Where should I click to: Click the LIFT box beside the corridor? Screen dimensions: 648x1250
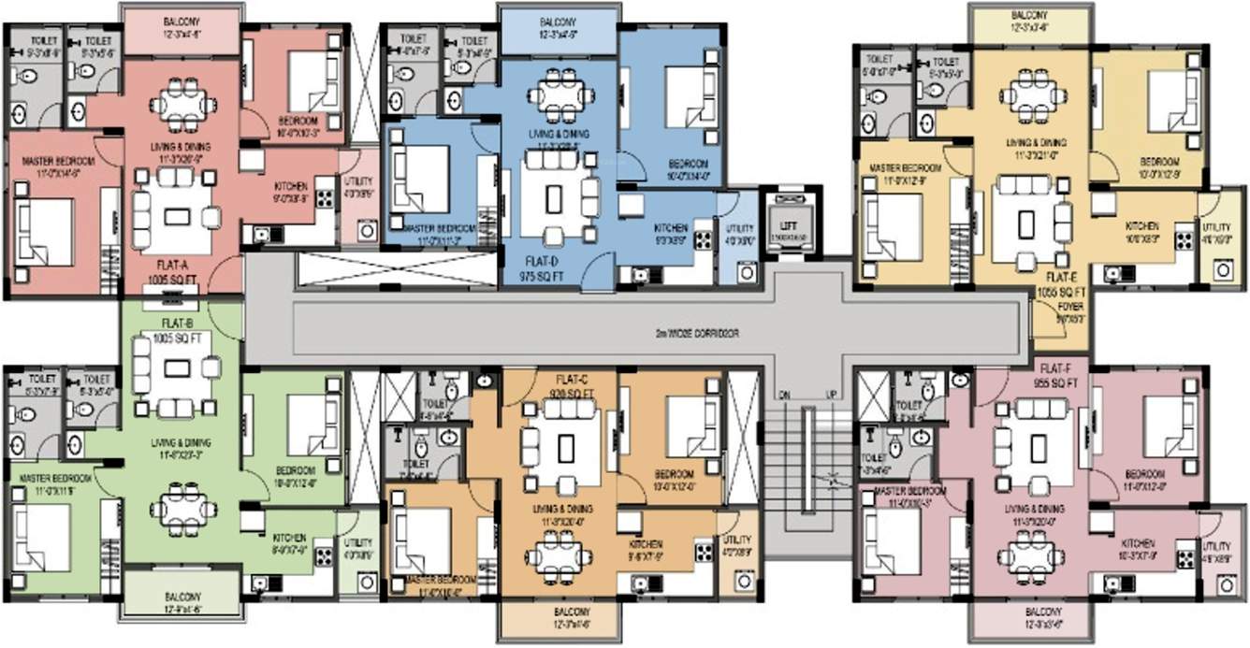789,225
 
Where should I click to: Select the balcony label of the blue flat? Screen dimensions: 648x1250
557,27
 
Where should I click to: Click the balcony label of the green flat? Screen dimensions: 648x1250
182,601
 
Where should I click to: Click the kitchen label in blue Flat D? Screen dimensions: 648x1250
670,233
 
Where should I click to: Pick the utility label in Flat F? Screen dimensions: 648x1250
1216,552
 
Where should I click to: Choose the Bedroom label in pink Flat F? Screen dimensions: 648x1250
1143,478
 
